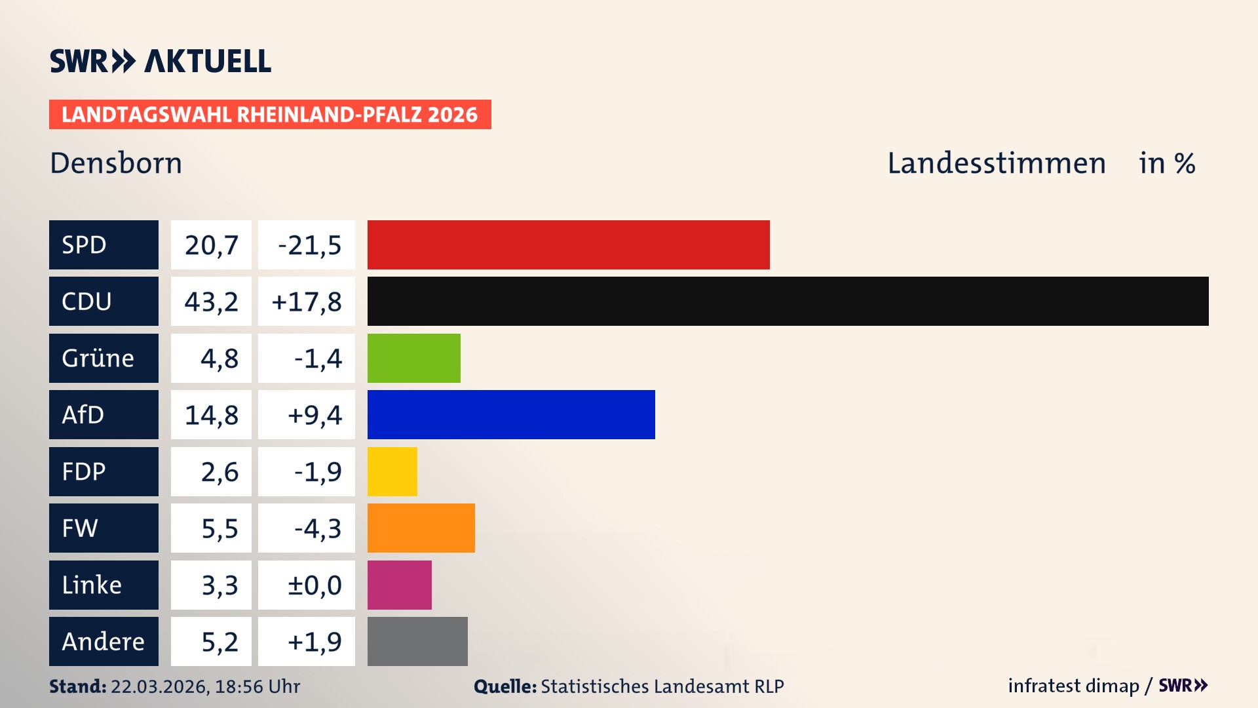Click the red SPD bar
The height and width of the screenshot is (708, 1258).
[x=568, y=245]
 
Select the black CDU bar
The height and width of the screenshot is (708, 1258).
[x=788, y=301]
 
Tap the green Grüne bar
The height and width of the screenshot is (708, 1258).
[x=413, y=358]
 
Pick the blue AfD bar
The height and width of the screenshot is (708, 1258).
[x=511, y=414]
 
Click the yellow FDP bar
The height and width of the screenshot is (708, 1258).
[x=392, y=471]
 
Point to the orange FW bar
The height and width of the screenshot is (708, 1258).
[x=421, y=528]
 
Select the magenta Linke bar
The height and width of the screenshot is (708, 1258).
[x=399, y=585]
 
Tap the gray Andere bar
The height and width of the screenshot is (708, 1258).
[x=417, y=641]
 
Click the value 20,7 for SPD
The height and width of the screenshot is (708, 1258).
[x=211, y=245]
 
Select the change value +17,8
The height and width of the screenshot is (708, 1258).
[x=306, y=301]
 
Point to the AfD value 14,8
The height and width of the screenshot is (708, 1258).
[x=211, y=414]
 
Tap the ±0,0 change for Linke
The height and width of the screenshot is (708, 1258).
[x=314, y=585]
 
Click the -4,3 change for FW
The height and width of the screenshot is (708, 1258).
[x=317, y=528]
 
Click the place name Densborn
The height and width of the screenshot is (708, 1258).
[x=116, y=163]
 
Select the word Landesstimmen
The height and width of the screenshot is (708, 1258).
[x=996, y=163]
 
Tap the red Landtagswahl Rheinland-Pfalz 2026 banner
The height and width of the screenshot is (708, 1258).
[x=270, y=114]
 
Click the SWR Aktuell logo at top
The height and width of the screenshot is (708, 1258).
[x=161, y=61]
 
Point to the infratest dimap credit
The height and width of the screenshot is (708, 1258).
[x=1073, y=686]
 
